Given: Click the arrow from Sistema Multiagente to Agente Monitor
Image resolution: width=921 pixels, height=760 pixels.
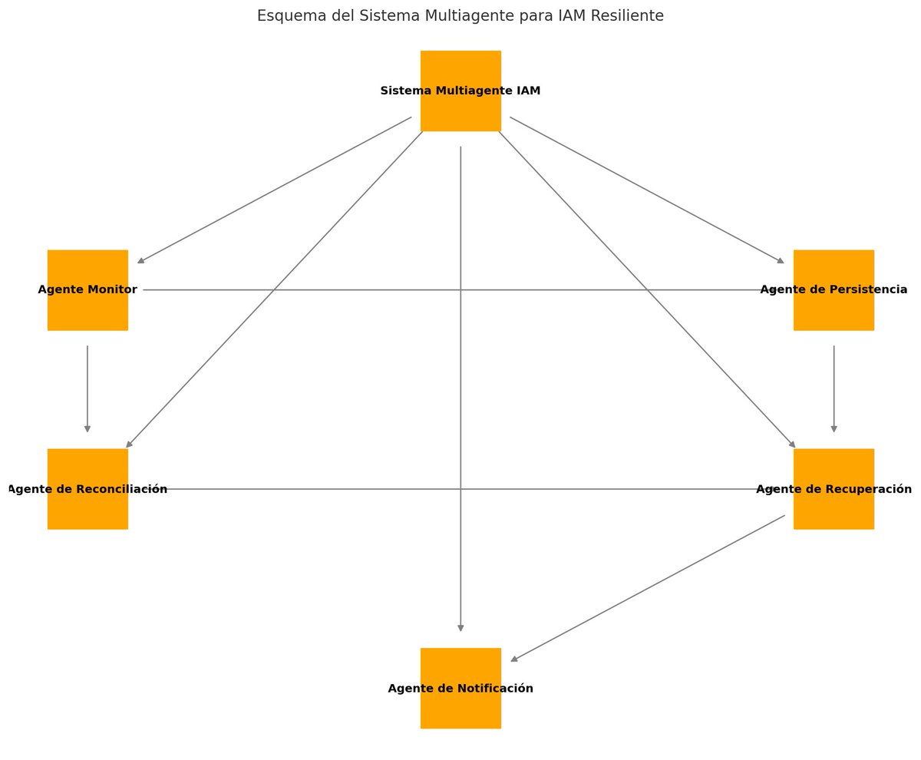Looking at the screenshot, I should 275,190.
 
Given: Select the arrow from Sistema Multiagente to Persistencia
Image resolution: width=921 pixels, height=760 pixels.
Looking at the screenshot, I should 646,190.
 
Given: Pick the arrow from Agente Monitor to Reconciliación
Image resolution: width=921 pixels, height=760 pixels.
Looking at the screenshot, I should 87,388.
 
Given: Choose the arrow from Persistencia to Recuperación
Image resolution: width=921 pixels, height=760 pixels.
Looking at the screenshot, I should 834,388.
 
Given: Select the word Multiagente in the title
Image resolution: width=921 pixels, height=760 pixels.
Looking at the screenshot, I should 435,16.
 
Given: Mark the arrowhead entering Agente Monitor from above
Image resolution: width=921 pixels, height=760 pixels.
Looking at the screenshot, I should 141,261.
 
